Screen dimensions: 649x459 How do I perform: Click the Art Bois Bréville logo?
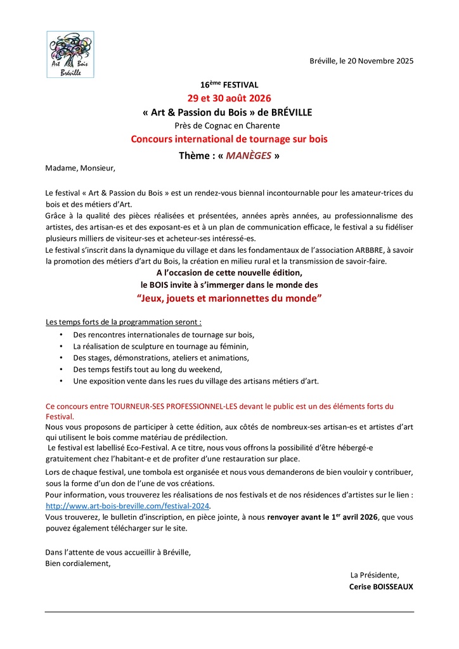tap(71, 55)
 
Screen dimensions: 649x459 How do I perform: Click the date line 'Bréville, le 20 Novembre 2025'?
tap(361, 61)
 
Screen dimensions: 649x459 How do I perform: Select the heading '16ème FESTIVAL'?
tap(229, 84)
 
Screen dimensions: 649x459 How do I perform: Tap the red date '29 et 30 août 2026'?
tap(229, 98)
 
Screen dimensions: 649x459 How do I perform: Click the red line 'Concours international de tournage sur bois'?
tap(229, 139)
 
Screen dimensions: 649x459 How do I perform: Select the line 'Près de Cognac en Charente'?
tap(229, 125)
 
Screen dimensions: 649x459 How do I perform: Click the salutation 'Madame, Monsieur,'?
tap(81, 169)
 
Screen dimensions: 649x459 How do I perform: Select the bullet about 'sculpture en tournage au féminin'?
tap(161, 346)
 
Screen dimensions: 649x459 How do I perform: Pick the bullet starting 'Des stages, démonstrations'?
tap(161, 357)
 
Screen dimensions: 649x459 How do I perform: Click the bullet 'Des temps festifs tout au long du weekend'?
tap(148, 369)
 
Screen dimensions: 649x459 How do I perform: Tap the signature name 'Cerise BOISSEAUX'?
tap(381, 587)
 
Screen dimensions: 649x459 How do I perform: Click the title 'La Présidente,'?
tap(375, 575)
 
